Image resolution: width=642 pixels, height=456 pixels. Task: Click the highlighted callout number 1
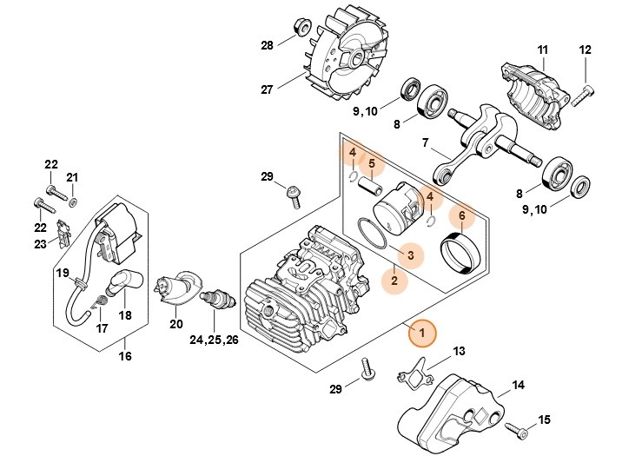point(422,333)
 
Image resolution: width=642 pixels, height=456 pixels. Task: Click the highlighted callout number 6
point(462,215)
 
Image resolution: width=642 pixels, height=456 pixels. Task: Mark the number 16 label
point(125,356)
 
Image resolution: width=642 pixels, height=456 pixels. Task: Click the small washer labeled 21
point(72,202)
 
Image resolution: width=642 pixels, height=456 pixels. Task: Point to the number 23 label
point(41,245)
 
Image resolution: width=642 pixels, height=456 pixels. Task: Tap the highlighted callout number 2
point(394,281)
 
